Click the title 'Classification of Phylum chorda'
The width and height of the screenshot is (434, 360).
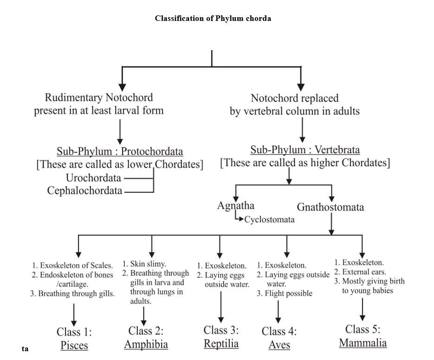coord(213,19)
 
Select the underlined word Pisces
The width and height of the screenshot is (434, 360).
coord(74,346)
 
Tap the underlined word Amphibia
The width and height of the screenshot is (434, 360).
coord(146,344)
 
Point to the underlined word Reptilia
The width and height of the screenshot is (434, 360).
coord(221,344)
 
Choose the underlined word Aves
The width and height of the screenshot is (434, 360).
coord(279,345)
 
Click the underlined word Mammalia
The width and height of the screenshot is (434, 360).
coord(363,343)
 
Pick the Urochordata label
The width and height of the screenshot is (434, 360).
coord(93,178)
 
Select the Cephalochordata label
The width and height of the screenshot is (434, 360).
coord(85,190)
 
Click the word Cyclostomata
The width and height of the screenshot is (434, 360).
coord(269,220)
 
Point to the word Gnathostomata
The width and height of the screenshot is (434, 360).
coord(330,207)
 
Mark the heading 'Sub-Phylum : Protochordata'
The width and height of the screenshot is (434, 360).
coord(120,152)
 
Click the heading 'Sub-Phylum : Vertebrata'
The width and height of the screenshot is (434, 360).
coord(305,150)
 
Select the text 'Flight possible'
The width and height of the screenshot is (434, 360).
coord(288,293)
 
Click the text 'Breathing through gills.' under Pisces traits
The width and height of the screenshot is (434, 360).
coord(76,294)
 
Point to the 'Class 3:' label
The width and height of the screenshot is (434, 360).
coord(221,330)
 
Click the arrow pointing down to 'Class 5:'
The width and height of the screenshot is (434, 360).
coord(363,309)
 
